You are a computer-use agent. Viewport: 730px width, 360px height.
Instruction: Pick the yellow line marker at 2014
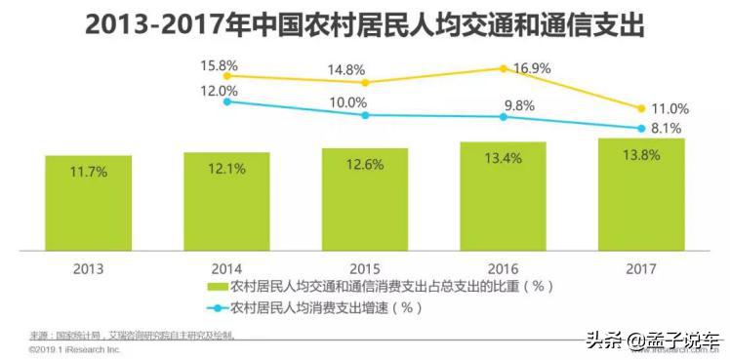[226, 75]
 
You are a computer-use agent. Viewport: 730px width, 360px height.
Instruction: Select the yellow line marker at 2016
[504, 68]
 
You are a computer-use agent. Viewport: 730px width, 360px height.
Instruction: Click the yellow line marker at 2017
[641, 108]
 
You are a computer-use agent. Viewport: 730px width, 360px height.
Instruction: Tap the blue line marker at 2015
[365, 115]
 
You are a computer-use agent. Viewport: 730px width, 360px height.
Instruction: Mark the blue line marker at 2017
[641, 128]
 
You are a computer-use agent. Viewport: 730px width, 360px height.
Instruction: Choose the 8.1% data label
[668, 129]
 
